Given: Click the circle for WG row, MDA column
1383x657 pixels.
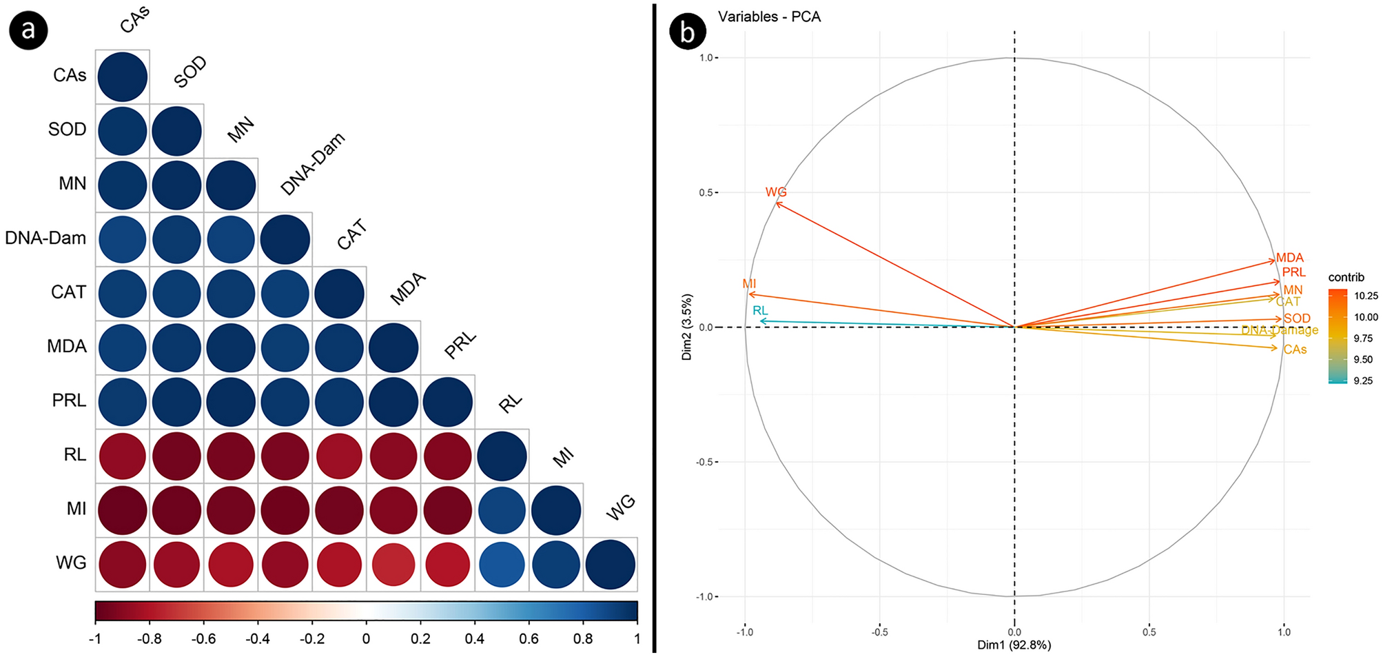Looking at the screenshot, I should click(393, 564).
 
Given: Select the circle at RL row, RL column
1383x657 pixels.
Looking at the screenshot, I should click(502, 456).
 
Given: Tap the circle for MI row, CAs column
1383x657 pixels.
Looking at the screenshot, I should click(123, 510).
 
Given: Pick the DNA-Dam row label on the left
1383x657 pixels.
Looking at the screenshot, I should click(45, 238).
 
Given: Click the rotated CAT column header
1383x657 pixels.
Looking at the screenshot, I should click(352, 235).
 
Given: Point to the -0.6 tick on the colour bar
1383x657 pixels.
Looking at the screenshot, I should click(203, 638).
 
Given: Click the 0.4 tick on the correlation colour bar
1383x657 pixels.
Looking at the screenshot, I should click(474, 638).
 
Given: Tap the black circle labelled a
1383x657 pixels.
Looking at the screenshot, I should click(28, 30).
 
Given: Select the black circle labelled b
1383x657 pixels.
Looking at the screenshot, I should click(687, 32).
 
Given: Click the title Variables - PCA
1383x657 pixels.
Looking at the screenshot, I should click(769, 17).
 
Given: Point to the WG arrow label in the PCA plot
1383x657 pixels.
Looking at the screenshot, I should click(776, 192).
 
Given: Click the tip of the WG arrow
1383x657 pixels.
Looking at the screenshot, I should click(777, 203).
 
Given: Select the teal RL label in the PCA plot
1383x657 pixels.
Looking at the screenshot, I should click(760, 310).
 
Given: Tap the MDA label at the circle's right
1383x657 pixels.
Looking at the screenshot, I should click(1289, 257).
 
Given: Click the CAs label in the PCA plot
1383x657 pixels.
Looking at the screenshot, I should click(1295, 350).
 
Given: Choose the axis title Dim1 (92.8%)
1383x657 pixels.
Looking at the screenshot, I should click(1014, 645).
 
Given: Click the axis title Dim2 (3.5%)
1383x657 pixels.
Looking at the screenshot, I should click(686, 327).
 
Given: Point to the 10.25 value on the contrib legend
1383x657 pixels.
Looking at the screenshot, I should click(1365, 296).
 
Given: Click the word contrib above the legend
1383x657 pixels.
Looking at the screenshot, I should click(1346, 277).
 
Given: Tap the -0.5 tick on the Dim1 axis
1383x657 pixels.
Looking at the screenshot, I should click(879, 631).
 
